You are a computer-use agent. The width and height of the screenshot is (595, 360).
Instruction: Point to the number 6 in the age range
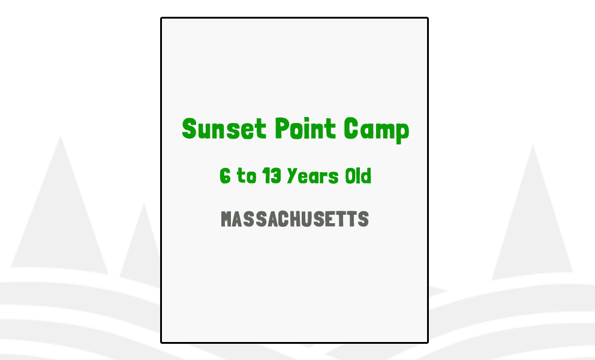pos(225,176)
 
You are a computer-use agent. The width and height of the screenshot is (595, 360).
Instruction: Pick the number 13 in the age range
pos(272,176)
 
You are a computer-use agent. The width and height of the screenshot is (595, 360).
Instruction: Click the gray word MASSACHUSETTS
pos(295,220)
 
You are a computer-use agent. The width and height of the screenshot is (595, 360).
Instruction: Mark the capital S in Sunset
pos(190,129)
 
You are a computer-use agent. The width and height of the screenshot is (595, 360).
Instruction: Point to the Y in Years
pos(292,176)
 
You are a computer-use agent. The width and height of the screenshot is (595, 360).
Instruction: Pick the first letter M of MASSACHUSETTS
pos(227,220)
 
